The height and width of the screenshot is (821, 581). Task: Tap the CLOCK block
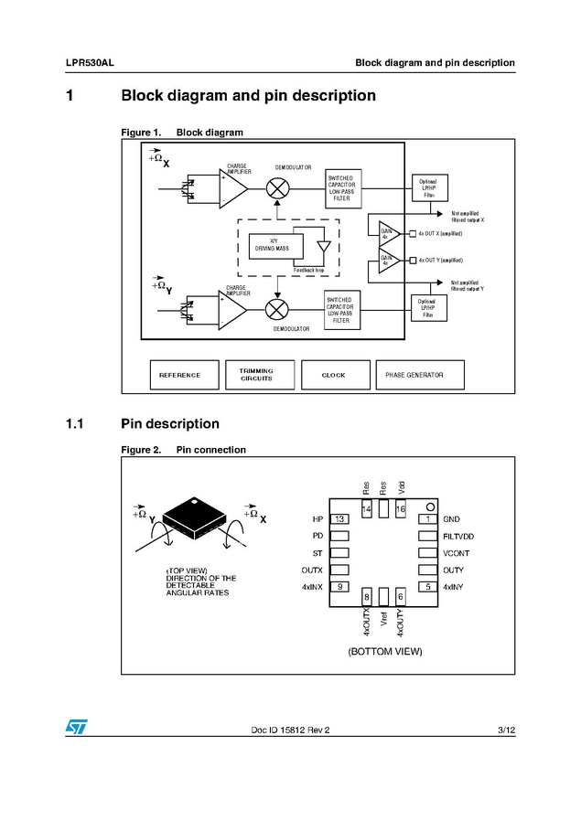click(x=334, y=375)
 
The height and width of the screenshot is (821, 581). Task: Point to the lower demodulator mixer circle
click(x=278, y=308)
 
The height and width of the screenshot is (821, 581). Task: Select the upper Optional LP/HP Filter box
click(x=429, y=188)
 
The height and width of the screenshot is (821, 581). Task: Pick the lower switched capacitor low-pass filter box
click(x=340, y=310)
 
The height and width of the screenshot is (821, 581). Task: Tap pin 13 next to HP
click(x=339, y=519)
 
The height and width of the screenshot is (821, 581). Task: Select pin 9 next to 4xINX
click(x=339, y=586)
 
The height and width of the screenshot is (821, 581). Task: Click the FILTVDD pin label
click(x=458, y=536)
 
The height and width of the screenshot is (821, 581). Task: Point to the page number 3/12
click(x=506, y=730)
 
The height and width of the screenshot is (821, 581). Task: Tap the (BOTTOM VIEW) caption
click(x=384, y=652)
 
